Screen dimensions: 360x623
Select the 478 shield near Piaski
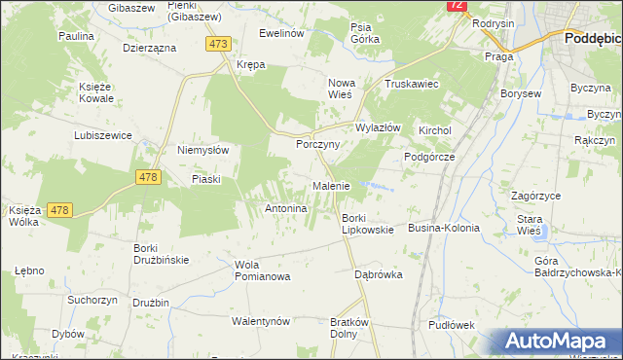[x=148, y=176]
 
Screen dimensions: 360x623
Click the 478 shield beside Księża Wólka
[x=58, y=210]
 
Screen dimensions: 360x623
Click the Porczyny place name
[x=317, y=143]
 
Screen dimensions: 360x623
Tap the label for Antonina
[x=286, y=208]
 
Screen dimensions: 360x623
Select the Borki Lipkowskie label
[x=367, y=224]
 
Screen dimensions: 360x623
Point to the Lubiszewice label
[x=102, y=135]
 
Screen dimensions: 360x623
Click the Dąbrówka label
[x=379, y=274]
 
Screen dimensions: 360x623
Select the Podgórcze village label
[x=429, y=156]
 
